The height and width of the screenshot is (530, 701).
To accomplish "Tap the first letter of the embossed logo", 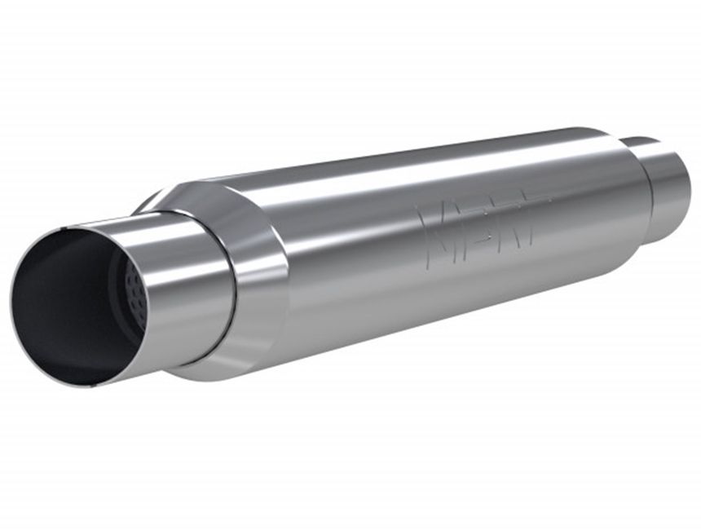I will pyautogui.click(x=432, y=228).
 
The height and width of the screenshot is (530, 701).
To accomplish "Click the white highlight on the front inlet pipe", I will pyautogui.click(x=163, y=236).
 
